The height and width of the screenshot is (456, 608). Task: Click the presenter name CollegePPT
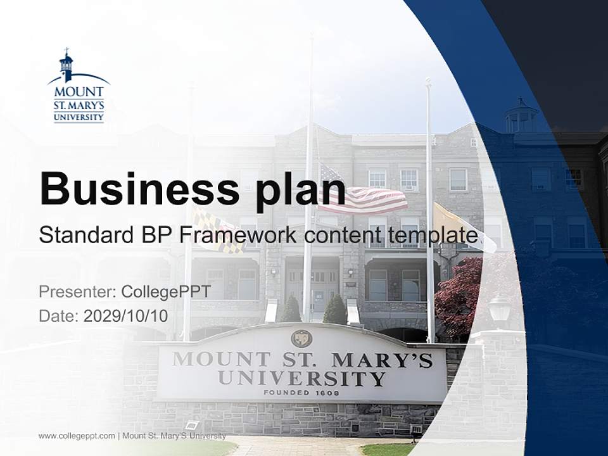[x=165, y=292]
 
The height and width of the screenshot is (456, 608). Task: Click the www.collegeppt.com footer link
[x=77, y=436]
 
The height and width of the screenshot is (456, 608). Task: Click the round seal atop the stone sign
[x=301, y=338]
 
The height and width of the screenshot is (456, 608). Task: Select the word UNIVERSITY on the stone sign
[x=301, y=379]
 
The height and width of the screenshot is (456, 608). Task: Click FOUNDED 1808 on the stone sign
[x=301, y=393]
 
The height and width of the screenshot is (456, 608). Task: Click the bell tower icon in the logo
[x=66, y=65]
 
